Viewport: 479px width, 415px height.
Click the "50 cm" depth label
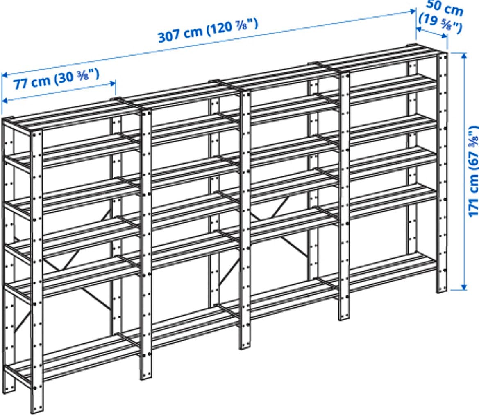tap(444, 8)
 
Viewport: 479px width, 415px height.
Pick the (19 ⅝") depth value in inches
tap(440, 23)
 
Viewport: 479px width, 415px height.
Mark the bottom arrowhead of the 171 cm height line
tap(464, 287)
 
